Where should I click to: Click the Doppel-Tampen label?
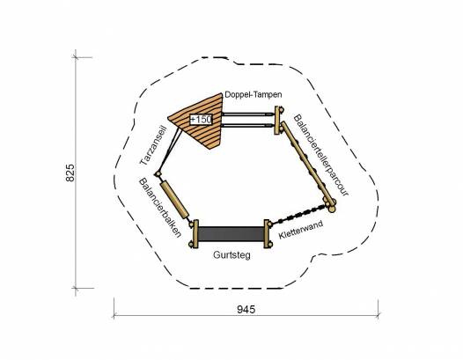click(x=253, y=95)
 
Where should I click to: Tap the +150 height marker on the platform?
click(x=201, y=120)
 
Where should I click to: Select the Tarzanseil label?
click(x=153, y=145)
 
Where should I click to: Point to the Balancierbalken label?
click(x=159, y=208)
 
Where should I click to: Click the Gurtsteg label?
click(x=231, y=255)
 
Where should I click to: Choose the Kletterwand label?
click(x=300, y=230)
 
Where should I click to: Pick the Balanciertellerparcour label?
click(x=321, y=155)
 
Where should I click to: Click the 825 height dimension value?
click(x=70, y=173)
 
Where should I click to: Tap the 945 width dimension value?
click(x=246, y=310)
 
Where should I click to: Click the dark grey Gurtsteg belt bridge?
click(x=231, y=233)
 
